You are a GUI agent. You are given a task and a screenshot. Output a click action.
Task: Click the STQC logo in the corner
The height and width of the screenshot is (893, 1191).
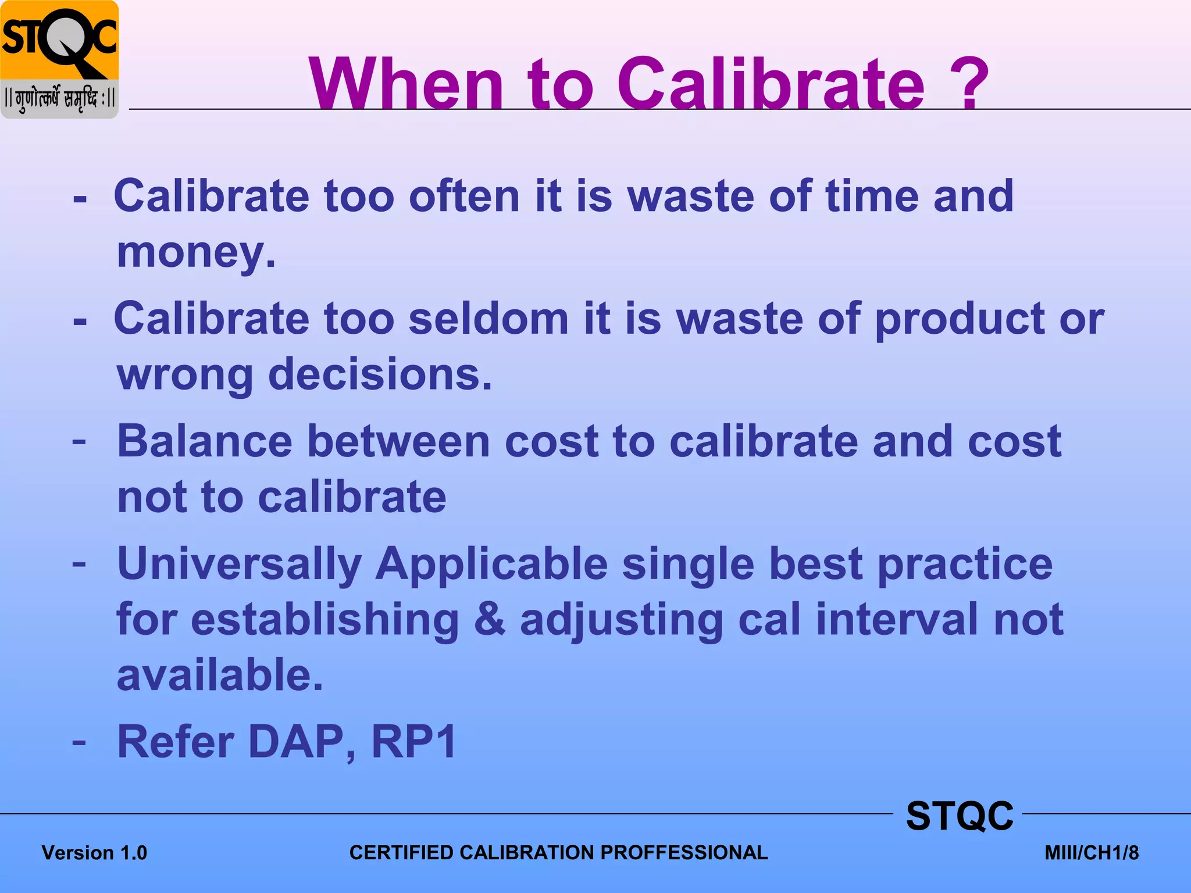coord(59,59)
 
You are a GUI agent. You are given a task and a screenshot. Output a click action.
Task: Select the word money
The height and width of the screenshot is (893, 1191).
coord(196,253)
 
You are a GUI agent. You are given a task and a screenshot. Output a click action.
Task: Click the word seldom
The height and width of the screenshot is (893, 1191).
coord(488,319)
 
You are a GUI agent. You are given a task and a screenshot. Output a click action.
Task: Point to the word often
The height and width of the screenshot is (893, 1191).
coord(464,197)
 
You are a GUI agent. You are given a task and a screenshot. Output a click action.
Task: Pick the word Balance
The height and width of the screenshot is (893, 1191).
coord(205,441)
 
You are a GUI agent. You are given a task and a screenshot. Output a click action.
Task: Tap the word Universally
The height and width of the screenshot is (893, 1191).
coord(240,565)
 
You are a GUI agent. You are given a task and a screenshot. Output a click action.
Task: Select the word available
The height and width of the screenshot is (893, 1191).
coord(220,676)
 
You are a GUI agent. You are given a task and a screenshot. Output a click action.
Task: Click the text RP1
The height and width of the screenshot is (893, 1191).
coord(414,742)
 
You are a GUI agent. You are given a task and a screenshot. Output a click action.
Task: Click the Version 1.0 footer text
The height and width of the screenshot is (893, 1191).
coord(94,853)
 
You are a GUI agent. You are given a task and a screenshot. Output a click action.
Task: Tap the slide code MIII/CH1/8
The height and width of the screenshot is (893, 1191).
coord(1091,853)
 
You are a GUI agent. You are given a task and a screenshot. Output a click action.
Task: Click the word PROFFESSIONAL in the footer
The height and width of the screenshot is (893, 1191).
coord(684,852)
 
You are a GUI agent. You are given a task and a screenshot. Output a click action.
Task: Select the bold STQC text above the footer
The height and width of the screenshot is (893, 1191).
coord(960,816)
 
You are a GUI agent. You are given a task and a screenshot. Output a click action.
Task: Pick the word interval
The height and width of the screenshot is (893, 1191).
coord(897,620)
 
